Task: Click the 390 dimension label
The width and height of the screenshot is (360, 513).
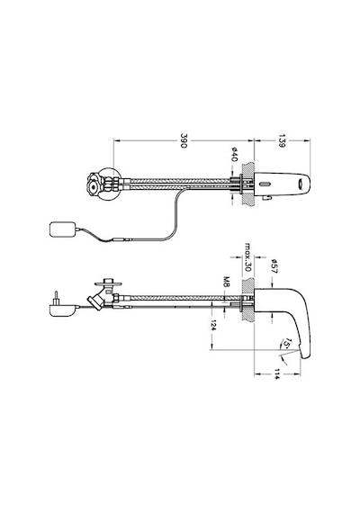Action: tap(184, 140)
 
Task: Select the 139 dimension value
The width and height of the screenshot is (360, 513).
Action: tap(282, 140)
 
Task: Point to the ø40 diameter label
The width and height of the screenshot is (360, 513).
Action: tap(234, 155)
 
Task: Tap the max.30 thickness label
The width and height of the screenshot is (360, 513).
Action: tap(247, 256)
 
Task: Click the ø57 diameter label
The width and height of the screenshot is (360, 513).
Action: tap(274, 266)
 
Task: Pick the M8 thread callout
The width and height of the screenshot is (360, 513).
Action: tap(226, 282)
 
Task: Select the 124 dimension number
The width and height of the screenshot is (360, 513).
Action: tap(213, 325)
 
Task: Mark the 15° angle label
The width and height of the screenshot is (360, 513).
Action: tap(287, 344)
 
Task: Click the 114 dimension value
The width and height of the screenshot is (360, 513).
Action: tap(277, 374)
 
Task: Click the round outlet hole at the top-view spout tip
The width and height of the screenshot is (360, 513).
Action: tap(300, 184)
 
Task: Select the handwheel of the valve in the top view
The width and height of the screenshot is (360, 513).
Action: tap(94, 184)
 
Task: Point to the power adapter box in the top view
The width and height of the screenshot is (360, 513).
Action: tap(62, 229)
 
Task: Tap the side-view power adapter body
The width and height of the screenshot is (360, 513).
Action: tap(62, 310)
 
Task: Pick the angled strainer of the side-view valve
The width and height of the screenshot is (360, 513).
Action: tap(94, 301)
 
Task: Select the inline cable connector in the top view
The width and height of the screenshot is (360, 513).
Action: tap(121, 239)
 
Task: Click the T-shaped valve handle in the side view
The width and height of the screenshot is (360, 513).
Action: tap(108, 283)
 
